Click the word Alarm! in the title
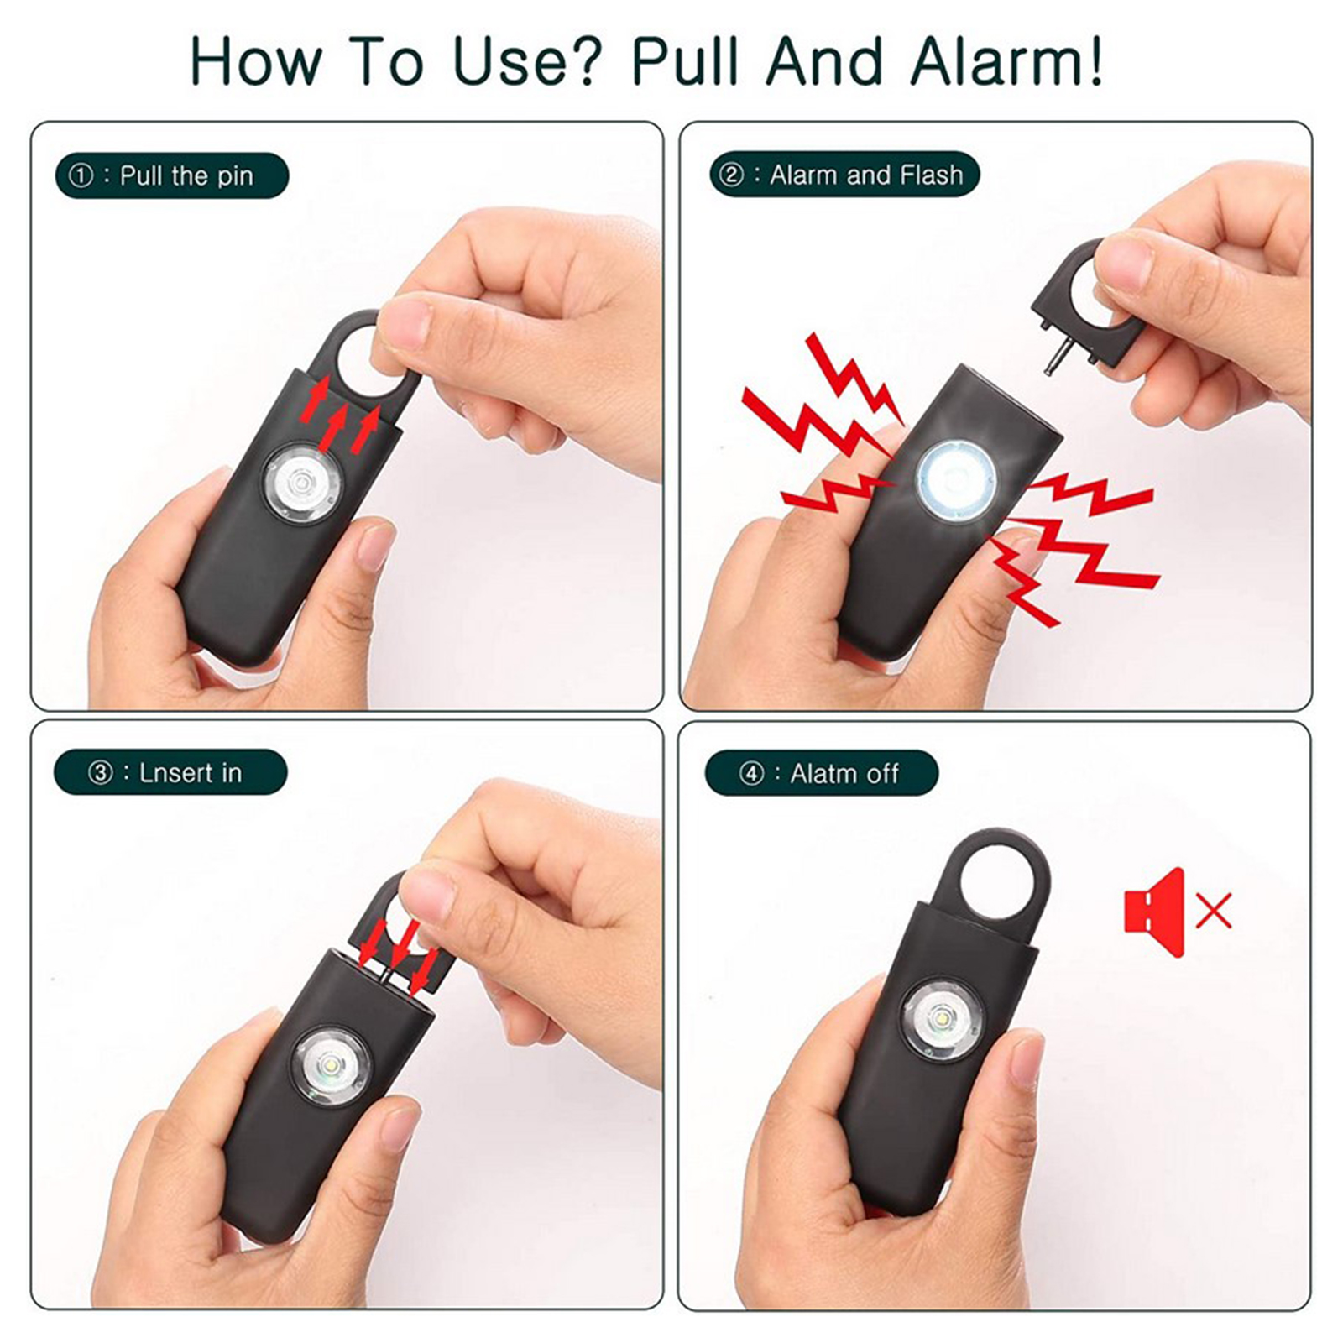pos(1006,60)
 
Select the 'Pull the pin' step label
pos(172,175)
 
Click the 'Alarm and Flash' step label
pos(844,175)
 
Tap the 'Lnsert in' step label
pos(170,772)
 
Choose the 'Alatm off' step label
pos(822,773)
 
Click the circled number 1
pos(81,176)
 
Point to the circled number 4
pos(751,774)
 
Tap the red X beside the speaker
pos(1213,911)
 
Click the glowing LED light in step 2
pos(956,478)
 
